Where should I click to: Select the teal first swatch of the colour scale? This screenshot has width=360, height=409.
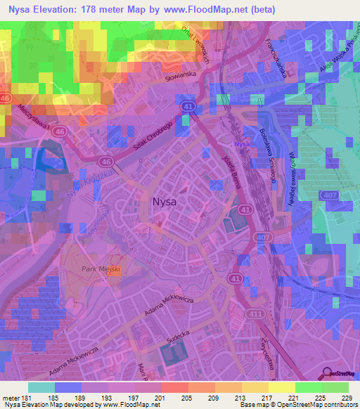[41, 387]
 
